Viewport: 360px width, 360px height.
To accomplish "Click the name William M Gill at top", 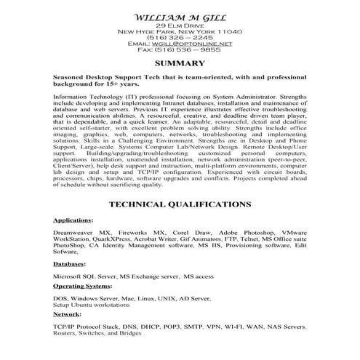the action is (179, 17).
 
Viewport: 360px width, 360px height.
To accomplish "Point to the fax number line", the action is (180, 51).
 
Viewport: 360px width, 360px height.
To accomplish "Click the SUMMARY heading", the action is (180, 64).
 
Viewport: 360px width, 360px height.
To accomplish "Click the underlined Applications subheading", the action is (73, 219).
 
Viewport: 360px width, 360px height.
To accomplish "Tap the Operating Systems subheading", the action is (83, 287).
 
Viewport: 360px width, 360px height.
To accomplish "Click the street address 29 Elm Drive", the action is (180, 25).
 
